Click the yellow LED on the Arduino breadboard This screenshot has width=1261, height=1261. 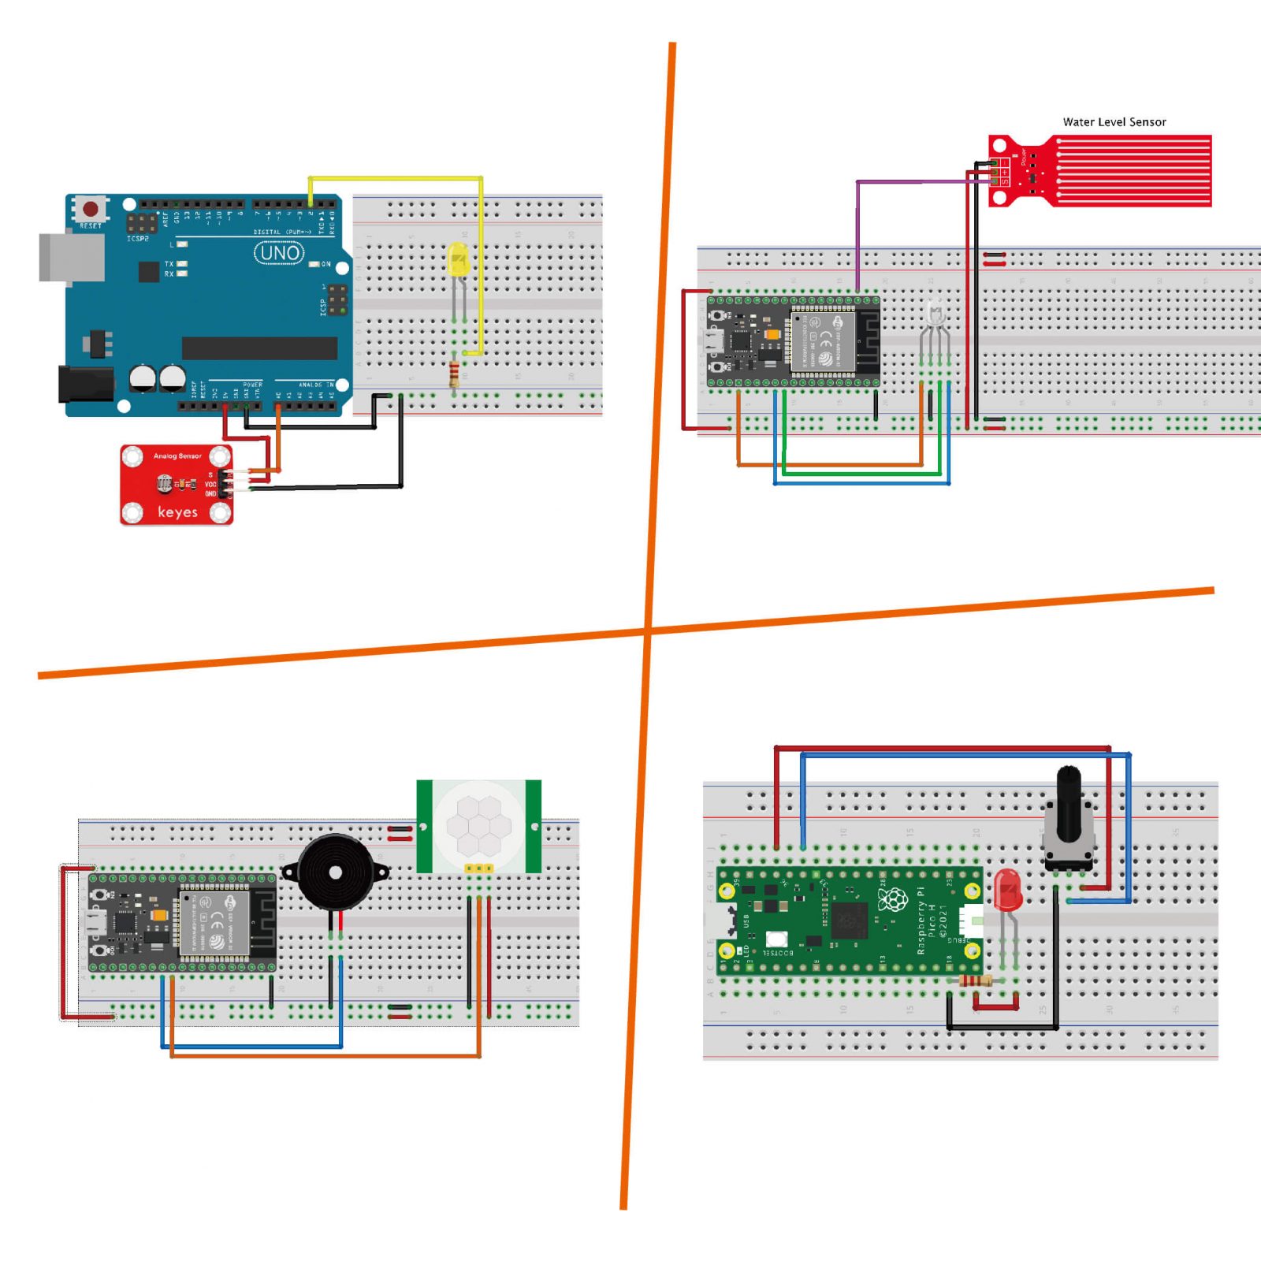click(x=458, y=259)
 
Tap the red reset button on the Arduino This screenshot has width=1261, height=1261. click(x=91, y=209)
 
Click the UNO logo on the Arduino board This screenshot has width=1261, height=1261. click(x=279, y=253)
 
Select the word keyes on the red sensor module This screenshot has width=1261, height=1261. click(x=177, y=512)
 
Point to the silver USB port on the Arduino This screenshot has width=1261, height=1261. click(x=71, y=257)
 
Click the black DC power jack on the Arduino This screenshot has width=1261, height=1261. click(x=85, y=383)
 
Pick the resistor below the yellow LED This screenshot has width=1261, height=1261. click(x=454, y=374)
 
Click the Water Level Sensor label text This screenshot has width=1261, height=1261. click(x=1114, y=122)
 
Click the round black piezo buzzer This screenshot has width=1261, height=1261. click(x=335, y=872)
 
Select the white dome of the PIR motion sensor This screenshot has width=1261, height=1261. click(x=478, y=824)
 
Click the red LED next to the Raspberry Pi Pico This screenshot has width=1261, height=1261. click(x=1007, y=891)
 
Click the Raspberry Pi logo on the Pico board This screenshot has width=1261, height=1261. click(x=893, y=900)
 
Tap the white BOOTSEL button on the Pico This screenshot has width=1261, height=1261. click(x=776, y=939)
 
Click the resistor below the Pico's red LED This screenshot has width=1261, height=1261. click(x=975, y=981)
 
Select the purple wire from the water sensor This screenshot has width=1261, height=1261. click(x=857, y=229)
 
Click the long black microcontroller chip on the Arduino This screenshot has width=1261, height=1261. click(x=259, y=348)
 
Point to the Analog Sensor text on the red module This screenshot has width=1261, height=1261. click(x=177, y=456)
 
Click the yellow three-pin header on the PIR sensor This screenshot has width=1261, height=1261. click(x=478, y=869)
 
